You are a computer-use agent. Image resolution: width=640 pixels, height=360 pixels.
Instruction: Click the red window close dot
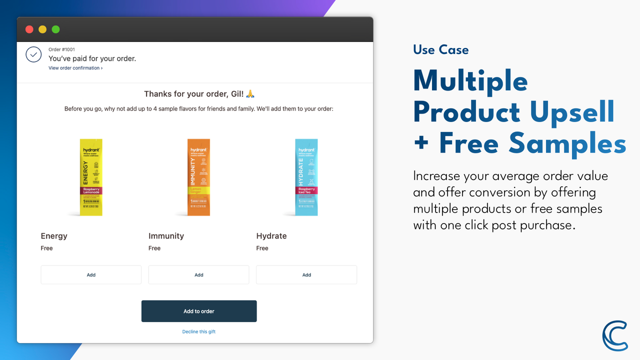pos(29,29)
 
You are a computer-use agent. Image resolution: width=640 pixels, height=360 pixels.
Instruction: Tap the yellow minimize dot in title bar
pos(42,29)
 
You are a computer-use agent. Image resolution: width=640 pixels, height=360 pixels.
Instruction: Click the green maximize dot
pos(55,29)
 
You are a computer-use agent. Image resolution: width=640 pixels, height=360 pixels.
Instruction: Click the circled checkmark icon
pos(33,54)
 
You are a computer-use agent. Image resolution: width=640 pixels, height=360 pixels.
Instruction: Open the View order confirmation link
pos(75,68)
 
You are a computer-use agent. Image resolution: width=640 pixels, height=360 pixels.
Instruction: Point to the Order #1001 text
pos(61,49)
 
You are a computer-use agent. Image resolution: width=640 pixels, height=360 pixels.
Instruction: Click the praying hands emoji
pos(250,94)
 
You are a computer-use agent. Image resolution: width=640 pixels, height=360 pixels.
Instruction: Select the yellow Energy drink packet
pos(91,177)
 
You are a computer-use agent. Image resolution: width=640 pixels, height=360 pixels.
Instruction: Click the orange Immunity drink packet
pos(198,177)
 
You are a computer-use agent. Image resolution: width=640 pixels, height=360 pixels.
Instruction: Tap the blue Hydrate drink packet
pos(306,177)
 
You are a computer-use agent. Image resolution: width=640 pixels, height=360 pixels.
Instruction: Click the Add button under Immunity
pos(198,275)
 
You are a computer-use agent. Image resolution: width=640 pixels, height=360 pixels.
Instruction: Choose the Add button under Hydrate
pos(306,275)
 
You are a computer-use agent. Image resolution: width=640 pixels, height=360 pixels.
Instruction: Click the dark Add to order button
pos(199,311)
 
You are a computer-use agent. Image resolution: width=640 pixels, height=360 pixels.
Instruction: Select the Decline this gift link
pos(199,331)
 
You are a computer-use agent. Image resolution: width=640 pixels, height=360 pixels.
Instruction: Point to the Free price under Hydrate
pos(262,248)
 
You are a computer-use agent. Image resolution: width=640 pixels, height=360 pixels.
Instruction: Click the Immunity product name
pos(166,236)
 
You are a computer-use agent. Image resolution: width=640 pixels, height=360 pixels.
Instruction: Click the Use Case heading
pos(440,49)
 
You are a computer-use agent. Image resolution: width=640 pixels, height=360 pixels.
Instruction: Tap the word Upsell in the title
pos(572,112)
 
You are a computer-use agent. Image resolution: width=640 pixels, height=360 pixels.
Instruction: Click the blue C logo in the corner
pos(614,335)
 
